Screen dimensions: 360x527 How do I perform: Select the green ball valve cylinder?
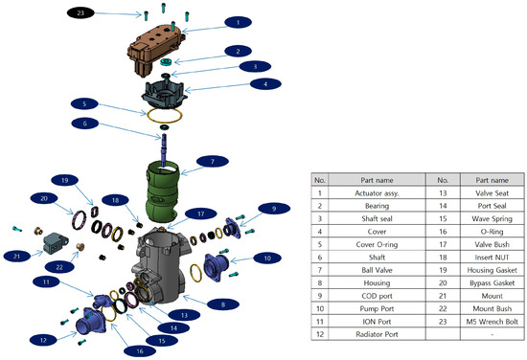click(181, 185)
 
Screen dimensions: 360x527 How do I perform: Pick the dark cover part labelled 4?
click(168, 92)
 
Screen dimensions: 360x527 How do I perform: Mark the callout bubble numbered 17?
click(195, 214)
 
